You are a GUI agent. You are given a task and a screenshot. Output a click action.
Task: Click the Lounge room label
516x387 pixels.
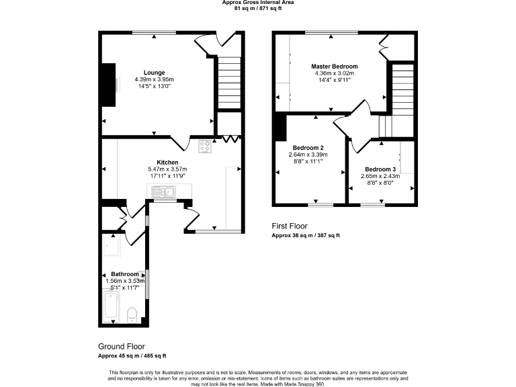click(154, 73)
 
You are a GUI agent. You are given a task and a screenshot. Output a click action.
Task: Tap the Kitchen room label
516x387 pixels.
click(167, 163)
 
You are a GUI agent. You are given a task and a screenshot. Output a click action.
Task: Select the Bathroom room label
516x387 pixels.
click(126, 274)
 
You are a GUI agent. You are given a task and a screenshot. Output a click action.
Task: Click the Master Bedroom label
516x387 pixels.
click(334, 67)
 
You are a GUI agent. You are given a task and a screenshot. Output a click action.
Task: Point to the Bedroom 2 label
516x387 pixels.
click(308, 148)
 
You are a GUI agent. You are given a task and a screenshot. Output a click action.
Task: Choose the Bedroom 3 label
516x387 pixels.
click(381, 169)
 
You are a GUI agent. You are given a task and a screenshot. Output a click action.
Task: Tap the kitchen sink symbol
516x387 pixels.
click(163, 193)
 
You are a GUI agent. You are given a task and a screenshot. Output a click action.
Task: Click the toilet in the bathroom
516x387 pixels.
click(132, 314)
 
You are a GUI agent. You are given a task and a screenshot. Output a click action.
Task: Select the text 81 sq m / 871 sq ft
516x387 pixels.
click(258, 7)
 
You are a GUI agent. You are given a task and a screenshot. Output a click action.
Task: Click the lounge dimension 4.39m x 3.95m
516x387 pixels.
click(154, 79)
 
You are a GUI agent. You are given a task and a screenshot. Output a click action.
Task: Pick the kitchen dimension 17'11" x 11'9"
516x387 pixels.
click(167, 175)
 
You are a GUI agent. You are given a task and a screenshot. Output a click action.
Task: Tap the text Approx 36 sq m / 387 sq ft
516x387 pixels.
click(306, 236)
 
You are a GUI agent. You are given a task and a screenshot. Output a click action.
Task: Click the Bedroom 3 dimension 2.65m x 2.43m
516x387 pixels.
click(381, 176)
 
